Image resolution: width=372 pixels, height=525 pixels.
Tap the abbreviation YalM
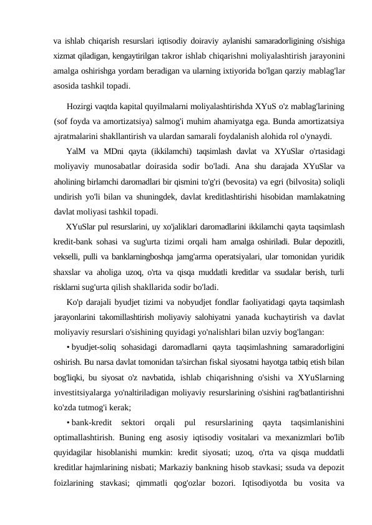tap(77, 150)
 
